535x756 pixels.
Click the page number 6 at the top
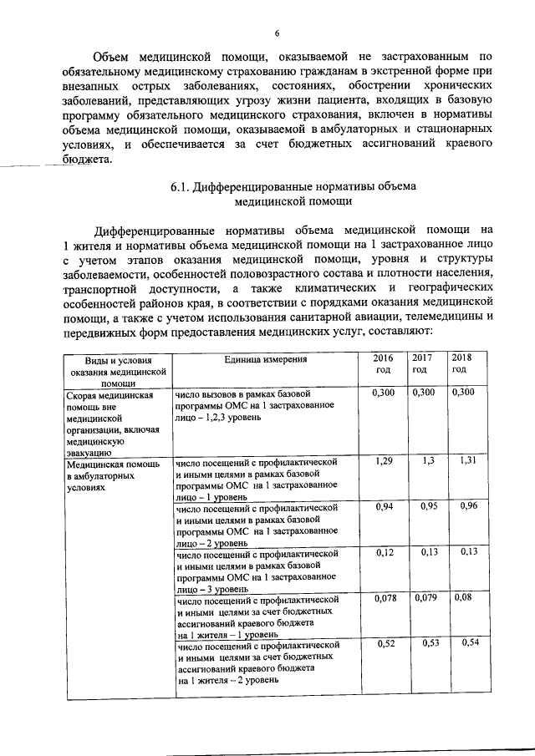pyautogui.click(x=277, y=33)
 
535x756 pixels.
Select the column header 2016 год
pyautogui.click(x=383, y=363)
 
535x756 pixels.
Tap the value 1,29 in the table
pyautogui.click(x=383, y=461)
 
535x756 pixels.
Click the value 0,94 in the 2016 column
pyautogui.click(x=384, y=507)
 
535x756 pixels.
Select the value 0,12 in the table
pyautogui.click(x=384, y=553)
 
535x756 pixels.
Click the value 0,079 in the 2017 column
pyautogui.click(x=425, y=599)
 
